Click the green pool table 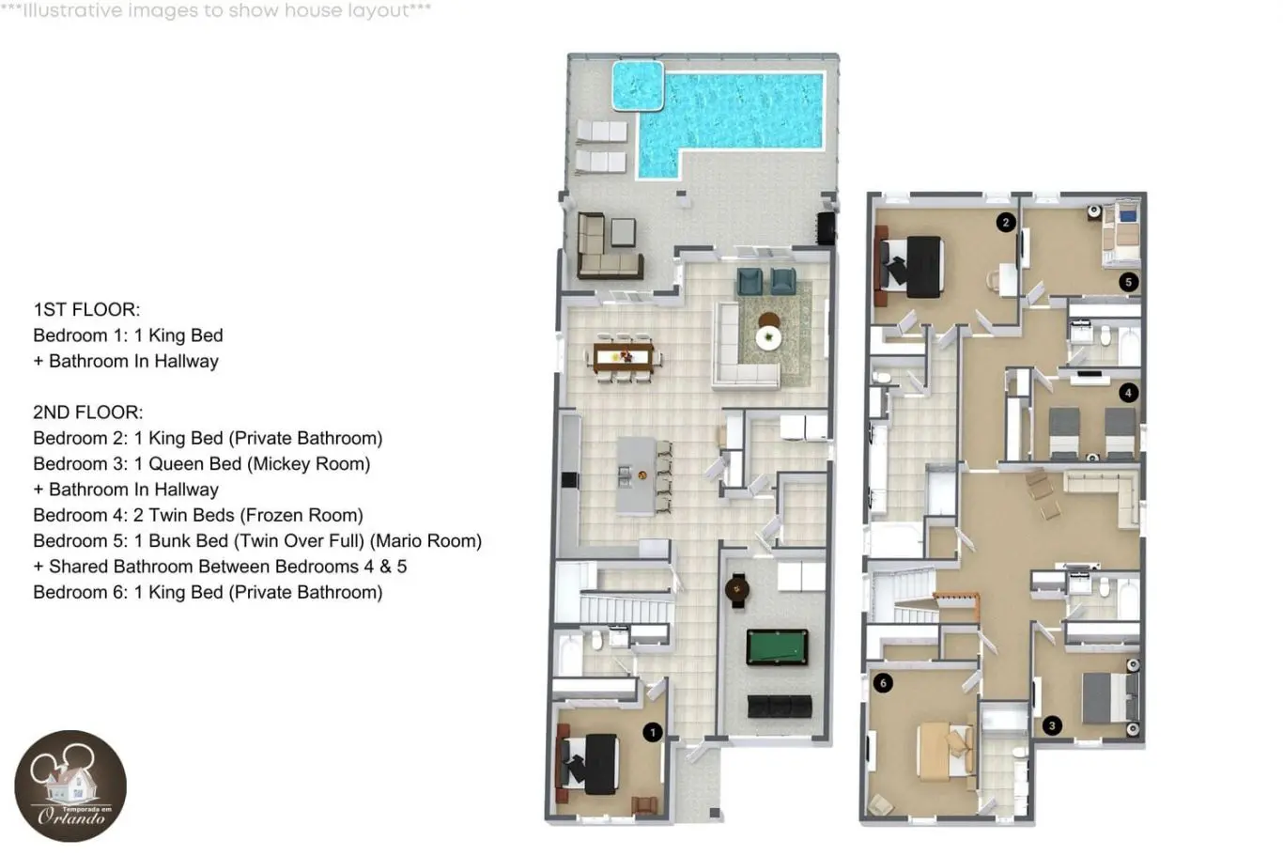coord(778,646)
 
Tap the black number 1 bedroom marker coord(653,732)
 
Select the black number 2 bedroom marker coord(1006,223)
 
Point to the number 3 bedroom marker coord(1052,726)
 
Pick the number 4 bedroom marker coord(1128,393)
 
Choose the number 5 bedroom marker coord(1128,282)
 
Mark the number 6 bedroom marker coord(883,683)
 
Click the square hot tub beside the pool coord(638,86)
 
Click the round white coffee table coord(768,337)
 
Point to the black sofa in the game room coord(780,707)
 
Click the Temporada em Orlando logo coord(70,786)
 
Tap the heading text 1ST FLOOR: coord(86,310)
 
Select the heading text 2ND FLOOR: coord(88,412)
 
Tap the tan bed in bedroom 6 coord(944,751)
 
